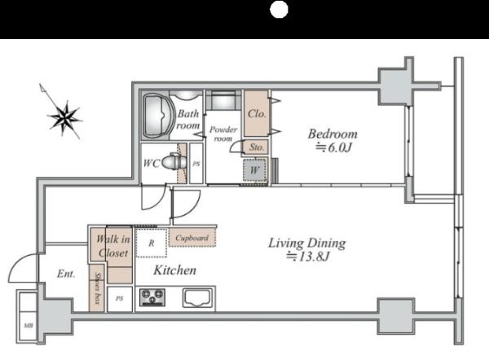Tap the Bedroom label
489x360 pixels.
333,134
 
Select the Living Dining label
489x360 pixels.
307,243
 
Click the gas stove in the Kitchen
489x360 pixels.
152,296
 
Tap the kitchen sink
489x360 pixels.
197,297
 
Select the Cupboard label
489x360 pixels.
192,238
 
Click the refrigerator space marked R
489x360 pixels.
152,243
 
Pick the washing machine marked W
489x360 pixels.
254,170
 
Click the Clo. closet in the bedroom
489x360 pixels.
257,113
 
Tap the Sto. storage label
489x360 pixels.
256,147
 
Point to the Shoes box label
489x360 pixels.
98,288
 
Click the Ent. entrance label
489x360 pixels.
66,274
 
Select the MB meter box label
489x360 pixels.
29,326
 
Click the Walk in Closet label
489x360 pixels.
113,246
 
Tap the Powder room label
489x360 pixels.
223,134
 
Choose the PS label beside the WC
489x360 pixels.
196,164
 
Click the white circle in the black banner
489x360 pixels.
279,9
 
